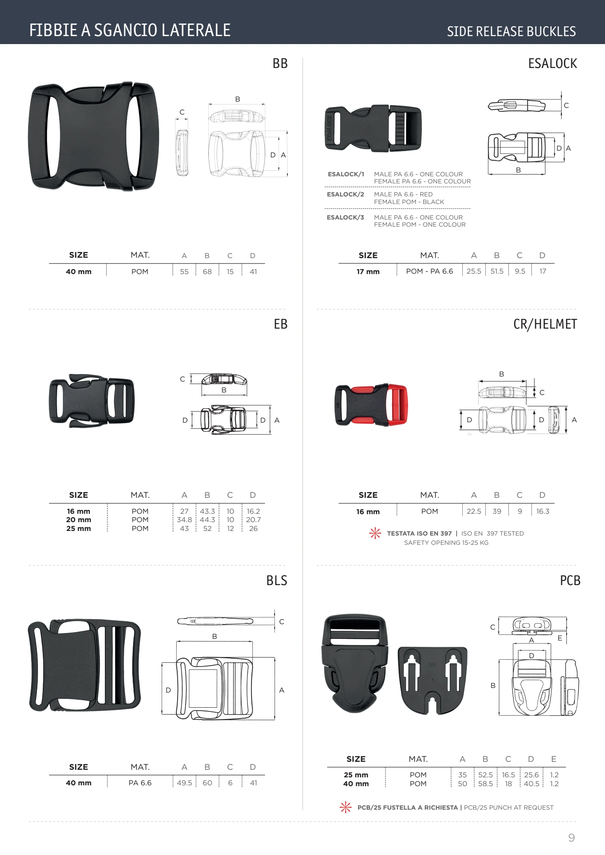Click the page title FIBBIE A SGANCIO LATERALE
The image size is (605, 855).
(x=130, y=30)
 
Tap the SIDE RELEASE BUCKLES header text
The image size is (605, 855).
(x=511, y=31)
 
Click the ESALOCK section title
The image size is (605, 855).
(x=553, y=63)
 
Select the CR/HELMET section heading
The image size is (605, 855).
(x=545, y=324)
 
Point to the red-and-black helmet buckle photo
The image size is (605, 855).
(x=371, y=405)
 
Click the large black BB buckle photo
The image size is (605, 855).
(x=94, y=136)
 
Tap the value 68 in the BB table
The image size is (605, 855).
(x=207, y=272)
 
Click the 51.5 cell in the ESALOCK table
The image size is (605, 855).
(x=497, y=271)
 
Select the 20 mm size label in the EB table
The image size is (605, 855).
(x=79, y=520)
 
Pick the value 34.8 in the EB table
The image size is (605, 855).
(x=184, y=520)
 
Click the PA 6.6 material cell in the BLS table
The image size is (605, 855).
(x=140, y=783)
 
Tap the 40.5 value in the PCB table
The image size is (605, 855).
(x=532, y=784)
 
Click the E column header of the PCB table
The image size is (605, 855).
(x=554, y=759)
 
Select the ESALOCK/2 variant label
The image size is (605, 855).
(x=346, y=194)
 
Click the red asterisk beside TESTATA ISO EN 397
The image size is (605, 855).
(x=375, y=533)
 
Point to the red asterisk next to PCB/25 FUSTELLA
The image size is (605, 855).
(x=346, y=807)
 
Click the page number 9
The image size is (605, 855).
(x=571, y=838)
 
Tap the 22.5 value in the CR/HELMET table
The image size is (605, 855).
(x=474, y=511)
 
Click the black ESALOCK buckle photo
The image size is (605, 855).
(x=373, y=128)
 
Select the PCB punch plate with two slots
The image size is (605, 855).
(x=432, y=680)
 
